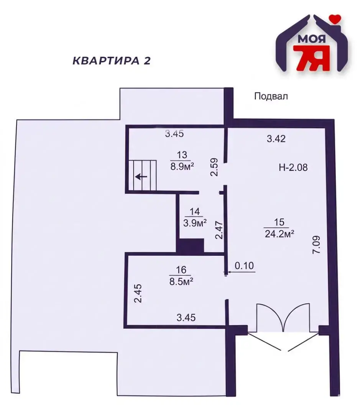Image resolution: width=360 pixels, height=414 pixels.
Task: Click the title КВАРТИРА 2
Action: [112, 61]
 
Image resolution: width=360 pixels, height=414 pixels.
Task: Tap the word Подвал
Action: [271, 96]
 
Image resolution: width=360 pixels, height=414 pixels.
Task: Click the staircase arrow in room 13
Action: [141, 177]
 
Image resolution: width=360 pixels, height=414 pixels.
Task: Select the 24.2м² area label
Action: [279, 233]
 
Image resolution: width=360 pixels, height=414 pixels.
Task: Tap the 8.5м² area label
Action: [181, 281]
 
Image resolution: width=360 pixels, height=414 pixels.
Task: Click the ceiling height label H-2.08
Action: [293, 167]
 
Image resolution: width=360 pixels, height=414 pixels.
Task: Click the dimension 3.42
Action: [276, 139]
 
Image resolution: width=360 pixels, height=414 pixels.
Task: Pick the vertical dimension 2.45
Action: [138, 293]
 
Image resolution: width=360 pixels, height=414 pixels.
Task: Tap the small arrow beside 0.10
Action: [227, 273]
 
